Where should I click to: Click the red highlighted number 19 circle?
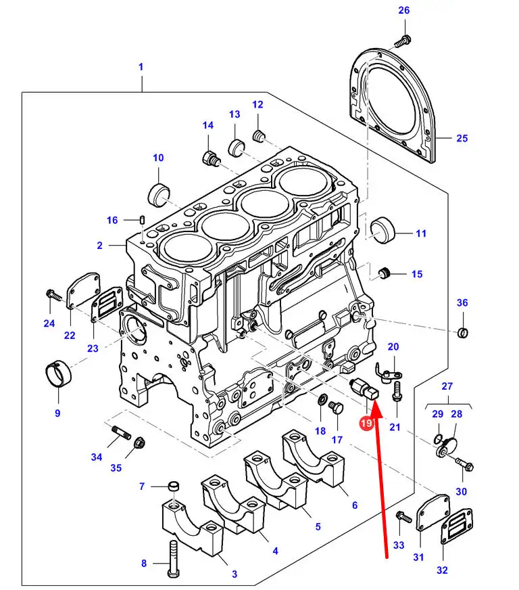pos(366,424)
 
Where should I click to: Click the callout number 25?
pos(462,139)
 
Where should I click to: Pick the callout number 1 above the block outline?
pos(141,66)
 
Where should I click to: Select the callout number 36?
pos(462,302)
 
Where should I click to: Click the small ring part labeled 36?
pos(462,332)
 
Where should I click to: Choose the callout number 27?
pos(447,386)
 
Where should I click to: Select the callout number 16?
pos(112,220)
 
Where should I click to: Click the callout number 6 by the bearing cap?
pos(355,505)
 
